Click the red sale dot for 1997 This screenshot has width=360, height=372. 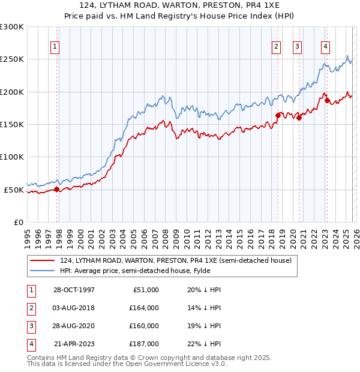click(57, 189)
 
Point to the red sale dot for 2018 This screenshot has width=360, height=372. click(278, 115)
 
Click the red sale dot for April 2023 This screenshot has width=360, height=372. click(328, 100)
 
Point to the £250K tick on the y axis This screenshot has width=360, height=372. click(12, 59)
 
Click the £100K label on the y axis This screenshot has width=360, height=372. click(12, 157)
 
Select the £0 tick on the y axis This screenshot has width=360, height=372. click(18, 222)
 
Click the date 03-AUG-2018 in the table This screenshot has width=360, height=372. click(74, 307)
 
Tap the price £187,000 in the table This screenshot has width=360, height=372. click(145, 344)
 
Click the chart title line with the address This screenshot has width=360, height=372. click(180, 6)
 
